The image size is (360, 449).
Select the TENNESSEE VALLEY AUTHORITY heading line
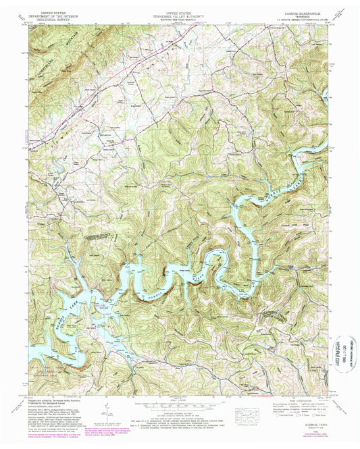coord(179,16)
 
